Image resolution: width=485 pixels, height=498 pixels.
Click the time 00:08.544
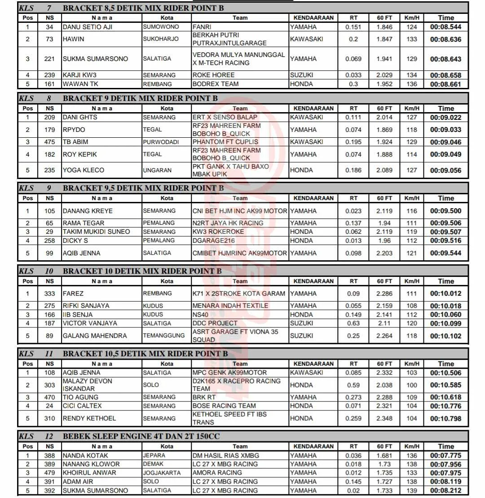coord(445,27)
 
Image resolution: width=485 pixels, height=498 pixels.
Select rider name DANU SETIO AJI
coord(88,27)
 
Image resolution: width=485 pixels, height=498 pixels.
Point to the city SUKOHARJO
coord(161,39)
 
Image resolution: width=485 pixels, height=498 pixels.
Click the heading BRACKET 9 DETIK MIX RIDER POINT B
coord(140,98)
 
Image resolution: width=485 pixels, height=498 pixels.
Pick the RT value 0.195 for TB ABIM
coord(353,142)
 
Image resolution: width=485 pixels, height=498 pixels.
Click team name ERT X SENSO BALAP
coord(225,117)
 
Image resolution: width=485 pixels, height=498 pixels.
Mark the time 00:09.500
coord(445,211)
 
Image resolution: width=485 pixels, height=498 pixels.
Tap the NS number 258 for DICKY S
coord(50,240)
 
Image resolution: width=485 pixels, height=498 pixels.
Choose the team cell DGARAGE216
coord(211,240)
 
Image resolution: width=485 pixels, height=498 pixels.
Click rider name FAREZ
coord(73,293)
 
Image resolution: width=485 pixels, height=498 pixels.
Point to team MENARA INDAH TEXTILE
coord(230,306)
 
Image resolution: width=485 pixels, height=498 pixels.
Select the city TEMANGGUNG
coord(164,336)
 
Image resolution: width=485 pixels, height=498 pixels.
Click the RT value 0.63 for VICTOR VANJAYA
coord(353,323)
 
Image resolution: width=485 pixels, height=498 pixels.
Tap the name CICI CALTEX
coord(82,406)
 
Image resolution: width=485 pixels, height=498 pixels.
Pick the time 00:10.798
coord(445,419)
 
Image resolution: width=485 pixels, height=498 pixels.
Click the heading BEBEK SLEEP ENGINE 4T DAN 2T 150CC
coord(141,436)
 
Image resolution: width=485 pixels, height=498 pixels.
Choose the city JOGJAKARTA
coord(162,472)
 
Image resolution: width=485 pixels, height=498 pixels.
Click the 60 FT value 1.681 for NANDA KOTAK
coord(384,455)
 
